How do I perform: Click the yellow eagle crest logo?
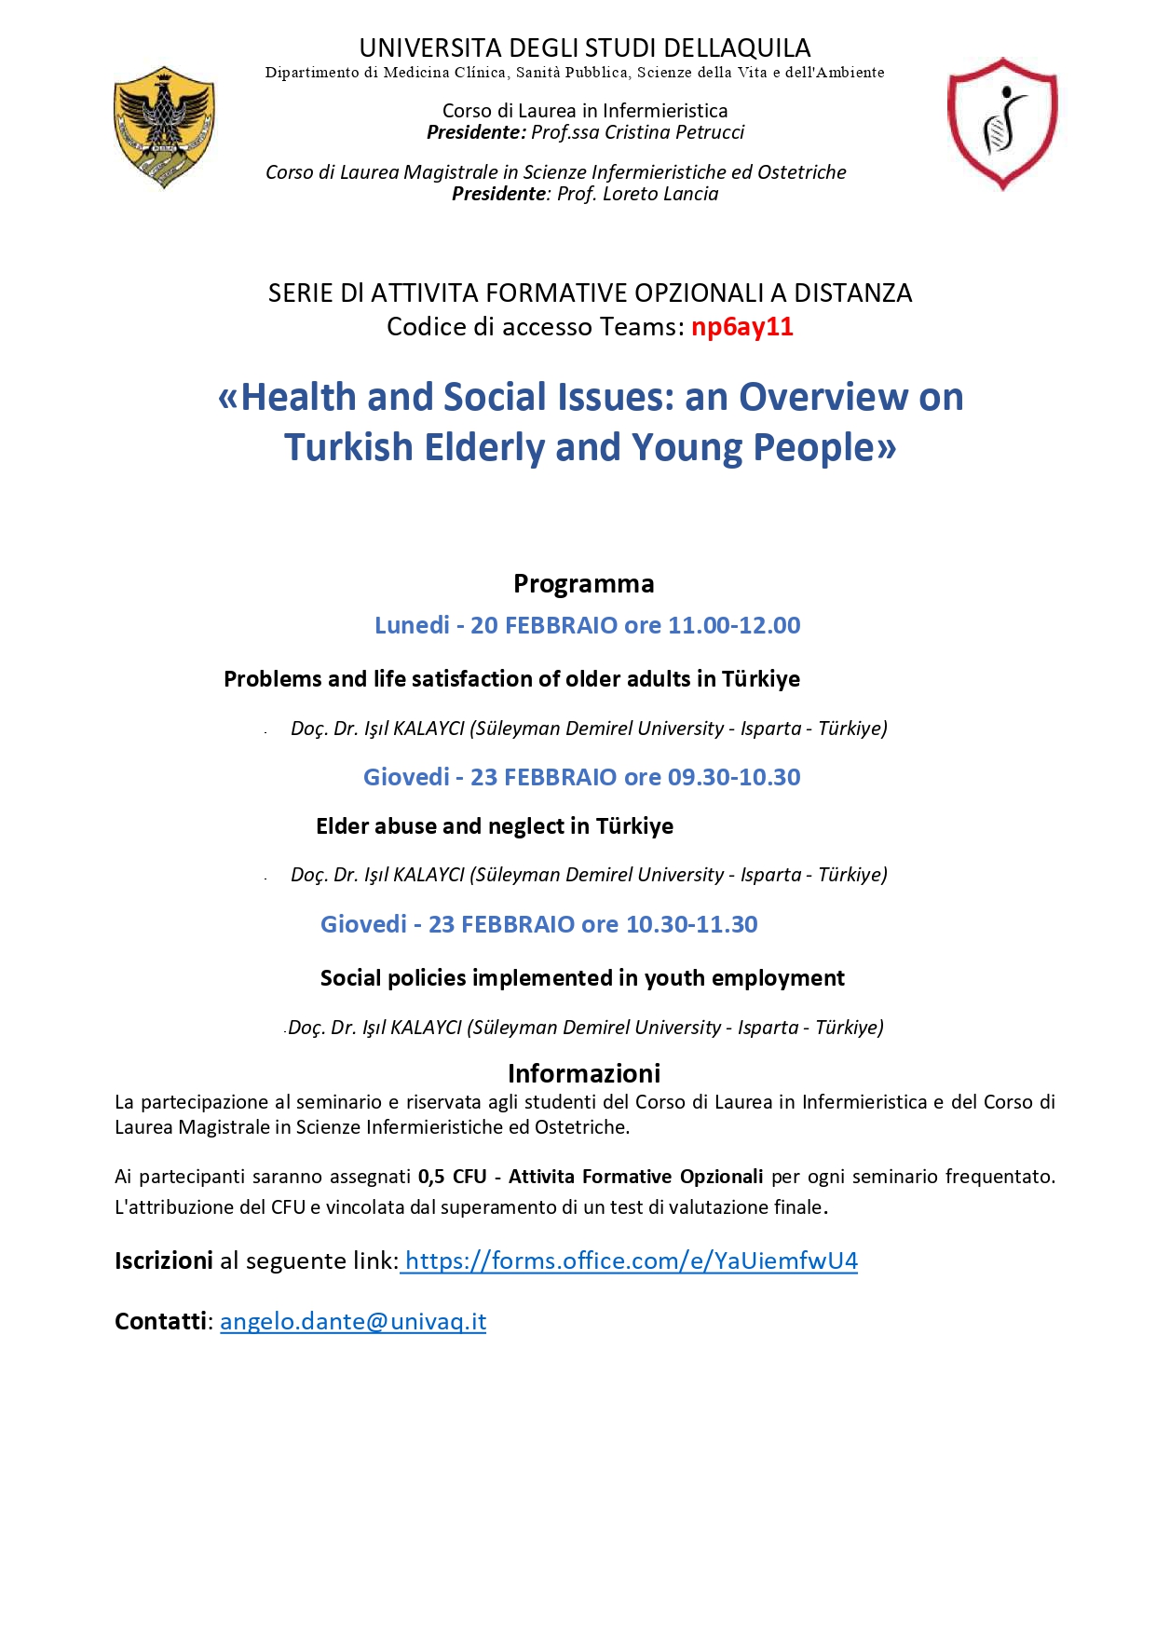point(164,126)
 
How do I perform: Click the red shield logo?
point(1002,123)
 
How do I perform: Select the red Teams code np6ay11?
point(741,327)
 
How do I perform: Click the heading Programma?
point(583,584)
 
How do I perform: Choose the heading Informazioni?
point(584,1073)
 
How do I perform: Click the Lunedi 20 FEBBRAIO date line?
point(587,625)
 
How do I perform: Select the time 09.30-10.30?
point(734,777)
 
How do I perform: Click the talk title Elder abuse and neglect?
point(494,826)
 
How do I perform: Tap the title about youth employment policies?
point(582,978)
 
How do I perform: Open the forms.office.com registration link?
point(631,1261)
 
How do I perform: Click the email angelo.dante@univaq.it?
point(353,1322)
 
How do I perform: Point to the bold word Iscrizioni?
point(164,1261)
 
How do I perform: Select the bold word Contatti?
point(160,1322)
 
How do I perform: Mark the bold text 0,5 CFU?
point(453,1177)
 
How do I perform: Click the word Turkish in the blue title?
point(348,448)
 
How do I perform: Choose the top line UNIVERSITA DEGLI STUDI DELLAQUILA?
point(585,48)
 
